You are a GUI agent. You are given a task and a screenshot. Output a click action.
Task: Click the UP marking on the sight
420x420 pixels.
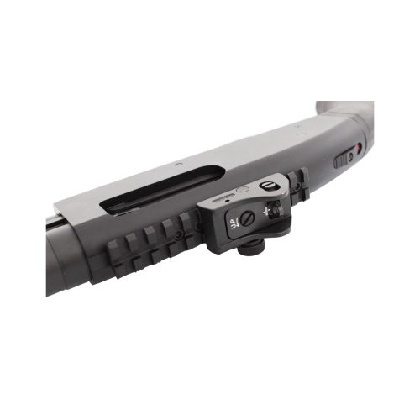(x=233, y=224)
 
